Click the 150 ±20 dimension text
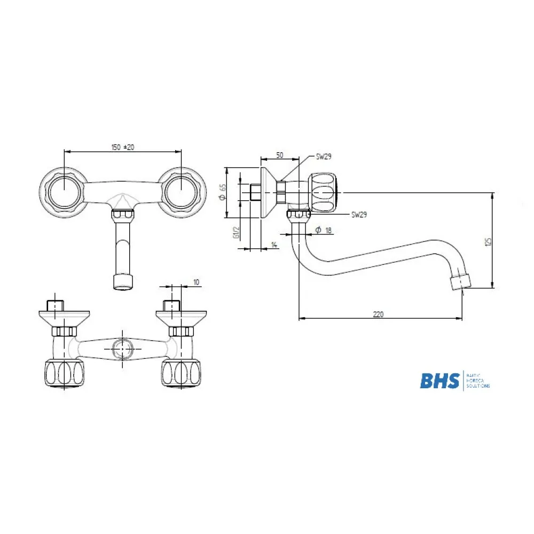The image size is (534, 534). point(122,147)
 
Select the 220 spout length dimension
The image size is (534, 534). point(378,315)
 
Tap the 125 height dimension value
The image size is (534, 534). point(487,242)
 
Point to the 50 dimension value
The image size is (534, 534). point(279,155)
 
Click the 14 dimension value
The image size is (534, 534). point(274,245)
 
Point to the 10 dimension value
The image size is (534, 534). point(196,282)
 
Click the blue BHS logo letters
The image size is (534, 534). point(439,381)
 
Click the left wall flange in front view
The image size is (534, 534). point(63,192)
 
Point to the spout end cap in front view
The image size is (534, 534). point(123,282)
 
